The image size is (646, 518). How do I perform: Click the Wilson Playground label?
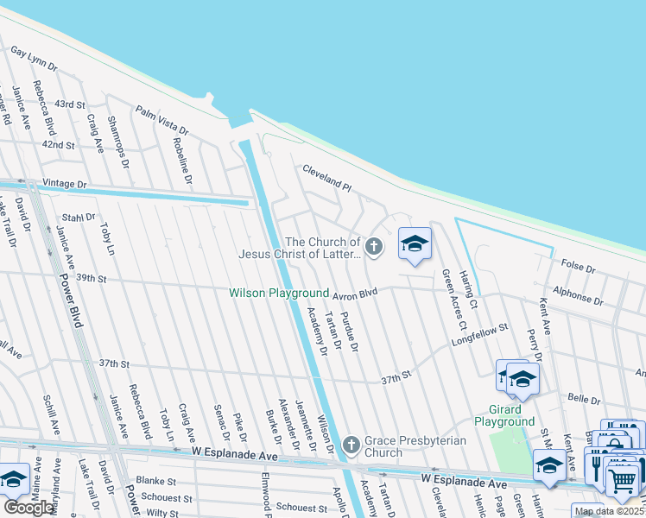coord(279,294)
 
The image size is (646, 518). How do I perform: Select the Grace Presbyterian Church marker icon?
coord(351,445)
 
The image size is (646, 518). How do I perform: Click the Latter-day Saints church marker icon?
coord(373,248)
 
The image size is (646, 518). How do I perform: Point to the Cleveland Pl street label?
coord(327,180)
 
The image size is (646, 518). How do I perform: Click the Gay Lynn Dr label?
coord(34,59)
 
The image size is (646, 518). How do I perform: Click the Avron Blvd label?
coord(357,294)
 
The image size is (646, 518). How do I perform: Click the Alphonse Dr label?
coord(579,296)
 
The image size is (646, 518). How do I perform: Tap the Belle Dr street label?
coord(584,400)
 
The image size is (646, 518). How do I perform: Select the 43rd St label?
coord(70,104)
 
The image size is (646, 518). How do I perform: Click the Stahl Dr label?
coord(78,218)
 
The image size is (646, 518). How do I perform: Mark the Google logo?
coord(28,507)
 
